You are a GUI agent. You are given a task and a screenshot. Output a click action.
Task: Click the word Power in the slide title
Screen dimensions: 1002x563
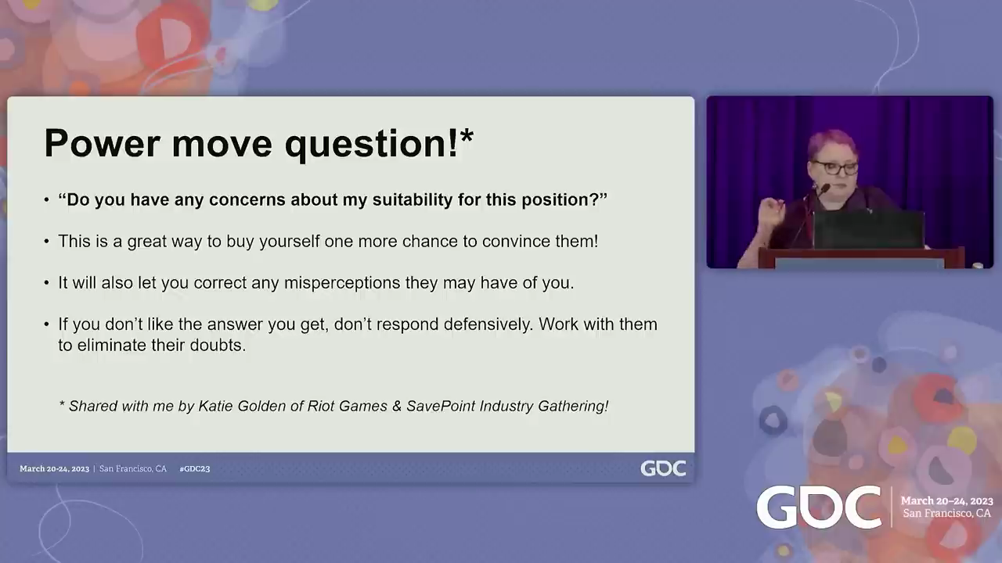[x=102, y=143]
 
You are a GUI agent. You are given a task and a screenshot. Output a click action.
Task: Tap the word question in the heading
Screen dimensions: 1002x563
[x=366, y=145]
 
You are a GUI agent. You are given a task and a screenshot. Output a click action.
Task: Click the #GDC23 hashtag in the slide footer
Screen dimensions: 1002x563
[x=195, y=468]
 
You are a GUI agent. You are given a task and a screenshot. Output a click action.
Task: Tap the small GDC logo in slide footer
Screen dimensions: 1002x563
[x=663, y=468]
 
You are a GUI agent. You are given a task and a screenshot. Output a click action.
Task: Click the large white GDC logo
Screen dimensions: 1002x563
[x=819, y=507]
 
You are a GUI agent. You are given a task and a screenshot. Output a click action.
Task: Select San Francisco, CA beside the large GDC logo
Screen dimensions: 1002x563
[x=946, y=514]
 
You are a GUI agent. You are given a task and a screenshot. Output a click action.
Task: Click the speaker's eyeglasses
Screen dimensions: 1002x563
[x=835, y=167]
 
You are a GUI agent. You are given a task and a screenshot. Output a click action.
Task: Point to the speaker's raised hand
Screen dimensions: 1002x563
[x=772, y=209]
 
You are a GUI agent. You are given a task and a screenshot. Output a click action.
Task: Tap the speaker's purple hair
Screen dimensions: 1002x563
[x=831, y=142]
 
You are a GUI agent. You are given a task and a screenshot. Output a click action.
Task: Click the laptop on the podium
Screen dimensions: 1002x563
[x=868, y=229]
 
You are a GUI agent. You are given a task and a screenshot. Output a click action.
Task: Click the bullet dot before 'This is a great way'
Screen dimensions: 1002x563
[x=46, y=242]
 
